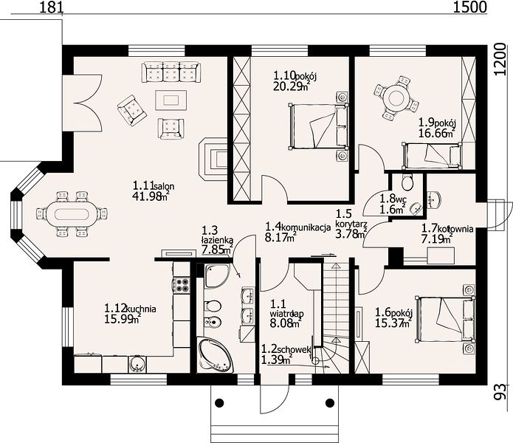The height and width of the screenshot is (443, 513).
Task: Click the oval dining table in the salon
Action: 72,214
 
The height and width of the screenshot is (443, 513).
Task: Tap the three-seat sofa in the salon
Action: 171,72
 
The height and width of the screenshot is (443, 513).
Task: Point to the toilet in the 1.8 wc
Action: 407,182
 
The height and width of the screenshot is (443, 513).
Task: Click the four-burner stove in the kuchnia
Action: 182,285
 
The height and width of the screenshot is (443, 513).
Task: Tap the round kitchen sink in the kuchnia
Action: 138,364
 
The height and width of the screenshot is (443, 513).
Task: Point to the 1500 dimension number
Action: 469,7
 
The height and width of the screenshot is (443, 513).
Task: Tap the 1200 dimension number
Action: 500,59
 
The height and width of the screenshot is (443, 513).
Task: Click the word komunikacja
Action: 306,227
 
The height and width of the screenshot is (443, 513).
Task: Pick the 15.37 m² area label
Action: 393,323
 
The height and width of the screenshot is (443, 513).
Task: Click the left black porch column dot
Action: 219,402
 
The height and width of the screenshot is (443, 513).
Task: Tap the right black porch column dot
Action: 330,402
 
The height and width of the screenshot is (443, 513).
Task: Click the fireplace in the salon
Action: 213,159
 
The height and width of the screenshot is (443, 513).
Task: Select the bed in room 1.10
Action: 318,126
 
